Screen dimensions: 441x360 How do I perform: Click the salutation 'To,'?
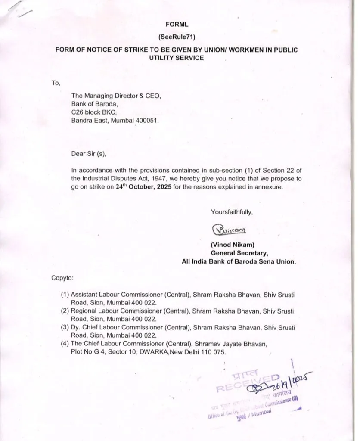pos(56,83)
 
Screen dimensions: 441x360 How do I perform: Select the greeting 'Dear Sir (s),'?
pos(88,153)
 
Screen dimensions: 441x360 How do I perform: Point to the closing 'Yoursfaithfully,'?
pos(232,211)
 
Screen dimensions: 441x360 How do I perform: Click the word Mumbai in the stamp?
pos(262,413)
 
